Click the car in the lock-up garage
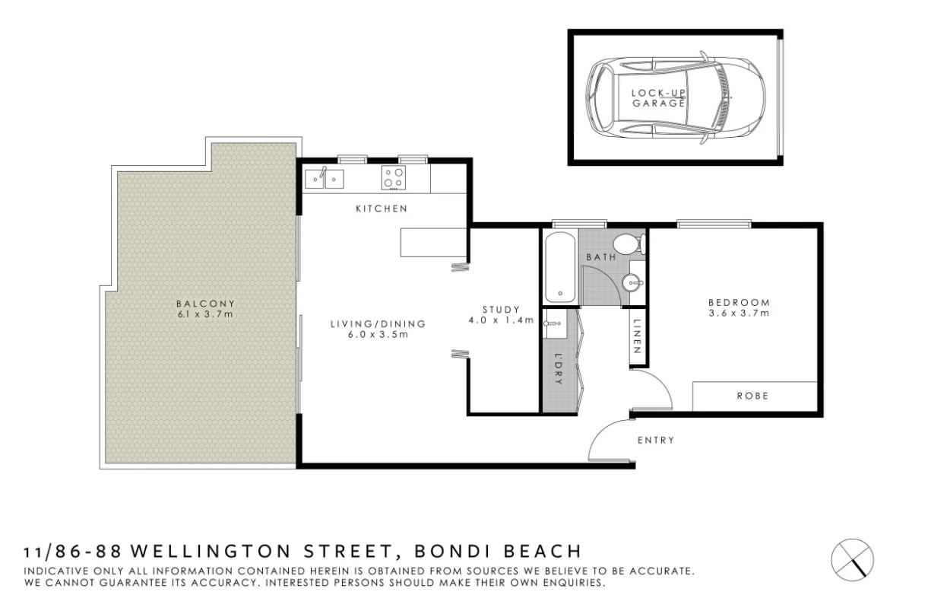point(674,97)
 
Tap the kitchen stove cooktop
point(394,179)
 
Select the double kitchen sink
point(325,179)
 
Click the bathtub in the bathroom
point(559,268)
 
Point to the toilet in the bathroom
point(628,244)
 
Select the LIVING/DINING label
point(378,323)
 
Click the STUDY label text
point(501,309)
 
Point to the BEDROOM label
point(739,301)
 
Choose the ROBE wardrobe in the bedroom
point(753,396)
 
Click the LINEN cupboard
point(638,338)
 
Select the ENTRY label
point(655,440)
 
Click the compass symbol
point(853,558)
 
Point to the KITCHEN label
point(382,208)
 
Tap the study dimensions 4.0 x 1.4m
point(501,320)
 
